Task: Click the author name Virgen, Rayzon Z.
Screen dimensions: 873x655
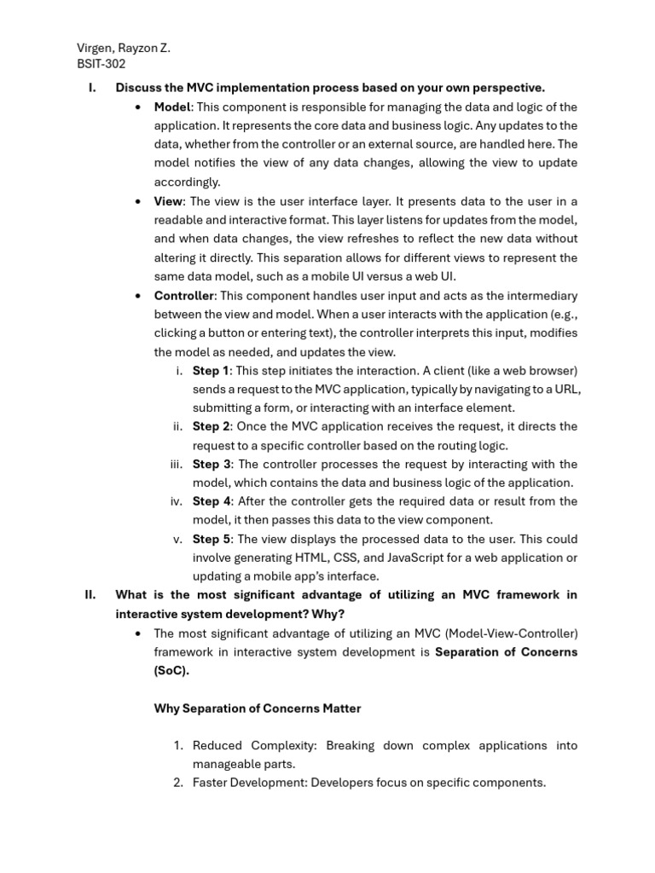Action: point(124,48)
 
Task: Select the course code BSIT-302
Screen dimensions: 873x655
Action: point(101,64)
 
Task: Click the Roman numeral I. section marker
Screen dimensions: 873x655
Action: point(92,88)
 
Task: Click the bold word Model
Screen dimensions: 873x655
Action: point(172,107)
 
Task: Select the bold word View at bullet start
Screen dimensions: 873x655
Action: point(168,201)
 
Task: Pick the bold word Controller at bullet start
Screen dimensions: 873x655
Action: point(183,296)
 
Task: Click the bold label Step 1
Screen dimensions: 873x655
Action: point(211,371)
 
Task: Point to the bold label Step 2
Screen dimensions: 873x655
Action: point(211,426)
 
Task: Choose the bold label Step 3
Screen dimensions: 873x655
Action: point(211,464)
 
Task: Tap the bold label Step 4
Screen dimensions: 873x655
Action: point(211,501)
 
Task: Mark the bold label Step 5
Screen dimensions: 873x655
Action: point(211,539)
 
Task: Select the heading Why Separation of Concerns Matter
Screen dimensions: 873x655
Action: point(257,708)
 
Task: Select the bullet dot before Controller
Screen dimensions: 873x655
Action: point(138,297)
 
